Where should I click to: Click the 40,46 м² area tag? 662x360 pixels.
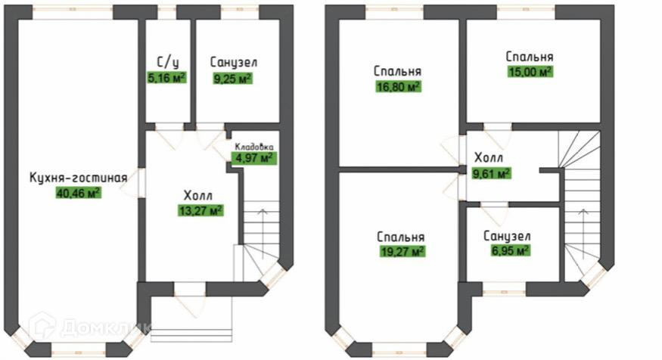click(78, 192)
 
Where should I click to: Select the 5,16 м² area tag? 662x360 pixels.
click(166, 76)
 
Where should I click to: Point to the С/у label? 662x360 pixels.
click(166, 62)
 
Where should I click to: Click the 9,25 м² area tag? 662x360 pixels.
click(232, 78)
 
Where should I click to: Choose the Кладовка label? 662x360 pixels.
click(253, 146)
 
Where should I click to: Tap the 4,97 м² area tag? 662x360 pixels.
click(254, 158)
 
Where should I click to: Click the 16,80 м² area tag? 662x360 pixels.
click(398, 86)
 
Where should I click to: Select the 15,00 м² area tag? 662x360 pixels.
click(529, 72)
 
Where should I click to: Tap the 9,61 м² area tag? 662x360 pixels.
click(491, 173)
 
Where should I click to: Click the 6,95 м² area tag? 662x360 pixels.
click(507, 250)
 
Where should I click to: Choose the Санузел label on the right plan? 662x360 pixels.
click(507, 236)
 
